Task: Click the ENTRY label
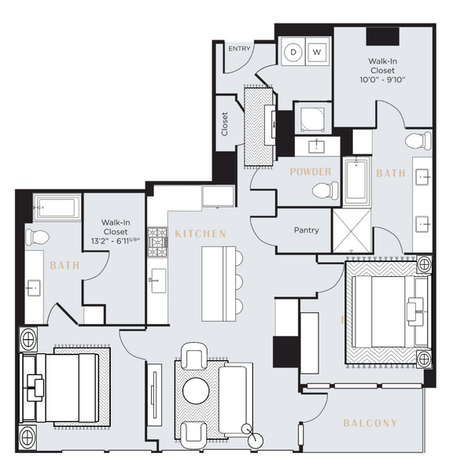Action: tap(238, 49)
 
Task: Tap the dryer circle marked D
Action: tap(295, 52)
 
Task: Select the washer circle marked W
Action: tap(318, 52)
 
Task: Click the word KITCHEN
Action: tap(201, 234)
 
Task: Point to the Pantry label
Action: tap(305, 231)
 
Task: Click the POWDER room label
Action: tap(310, 171)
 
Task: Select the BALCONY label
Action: tap(370, 423)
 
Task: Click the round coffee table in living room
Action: tap(197, 390)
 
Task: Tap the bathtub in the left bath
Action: tap(57, 208)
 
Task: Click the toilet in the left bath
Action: tap(38, 236)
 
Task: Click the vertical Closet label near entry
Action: tap(224, 124)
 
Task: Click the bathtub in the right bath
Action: tap(357, 180)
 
